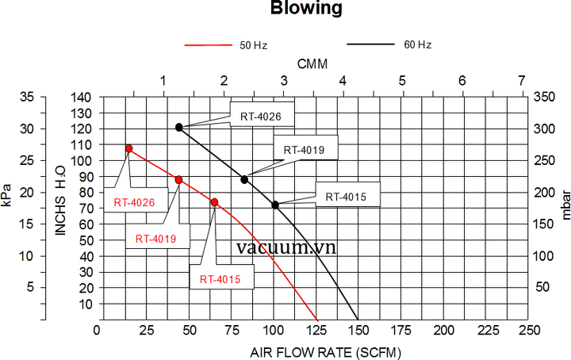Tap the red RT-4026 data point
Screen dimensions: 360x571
[x=129, y=149]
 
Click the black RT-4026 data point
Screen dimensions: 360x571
[x=179, y=127]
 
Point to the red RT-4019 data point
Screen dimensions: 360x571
[x=178, y=180]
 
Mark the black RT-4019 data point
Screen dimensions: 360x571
[x=244, y=179]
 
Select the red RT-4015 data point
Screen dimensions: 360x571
[x=214, y=203]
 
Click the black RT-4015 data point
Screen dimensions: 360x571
[x=275, y=205]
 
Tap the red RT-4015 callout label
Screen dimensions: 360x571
[x=220, y=279]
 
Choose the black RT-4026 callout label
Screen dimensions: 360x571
[x=261, y=117]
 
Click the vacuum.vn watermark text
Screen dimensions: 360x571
[x=286, y=247]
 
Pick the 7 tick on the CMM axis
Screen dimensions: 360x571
[x=521, y=80]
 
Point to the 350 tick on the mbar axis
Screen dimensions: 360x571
[x=546, y=97]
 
